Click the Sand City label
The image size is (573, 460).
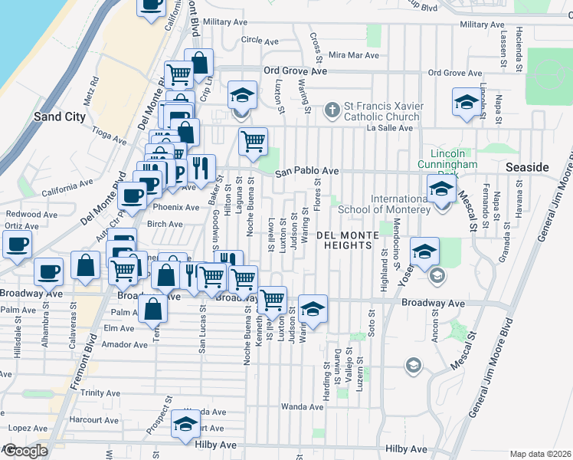click(58, 117)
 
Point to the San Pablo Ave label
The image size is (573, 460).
click(307, 171)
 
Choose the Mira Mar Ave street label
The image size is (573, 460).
click(354, 56)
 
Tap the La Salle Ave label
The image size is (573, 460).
click(390, 128)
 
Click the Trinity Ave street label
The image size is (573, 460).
click(102, 393)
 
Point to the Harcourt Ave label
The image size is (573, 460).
click(93, 420)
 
